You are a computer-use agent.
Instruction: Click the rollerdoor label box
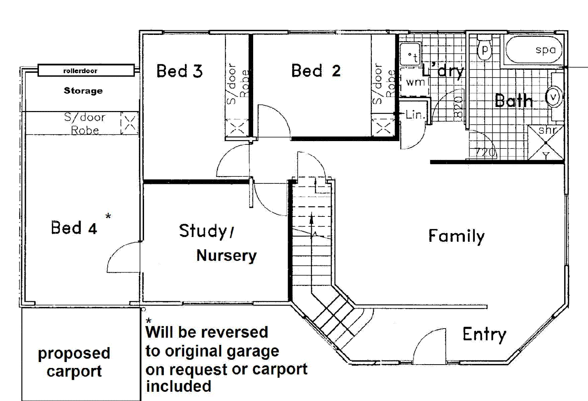86,70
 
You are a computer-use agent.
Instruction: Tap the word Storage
83,91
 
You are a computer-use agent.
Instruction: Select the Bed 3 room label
179,71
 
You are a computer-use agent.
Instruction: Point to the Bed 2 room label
316,71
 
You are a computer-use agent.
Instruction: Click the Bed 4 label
74,228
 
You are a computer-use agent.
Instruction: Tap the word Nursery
226,255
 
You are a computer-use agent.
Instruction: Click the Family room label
456,236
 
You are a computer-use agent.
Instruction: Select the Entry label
484,334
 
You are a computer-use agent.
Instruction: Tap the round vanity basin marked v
553,97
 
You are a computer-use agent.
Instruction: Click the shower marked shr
546,142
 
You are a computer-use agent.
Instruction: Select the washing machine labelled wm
415,82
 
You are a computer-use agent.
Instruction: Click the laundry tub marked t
411,55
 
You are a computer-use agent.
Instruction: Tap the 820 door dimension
459,108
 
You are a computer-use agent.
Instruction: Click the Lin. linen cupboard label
415,115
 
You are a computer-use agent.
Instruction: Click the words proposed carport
74,362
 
